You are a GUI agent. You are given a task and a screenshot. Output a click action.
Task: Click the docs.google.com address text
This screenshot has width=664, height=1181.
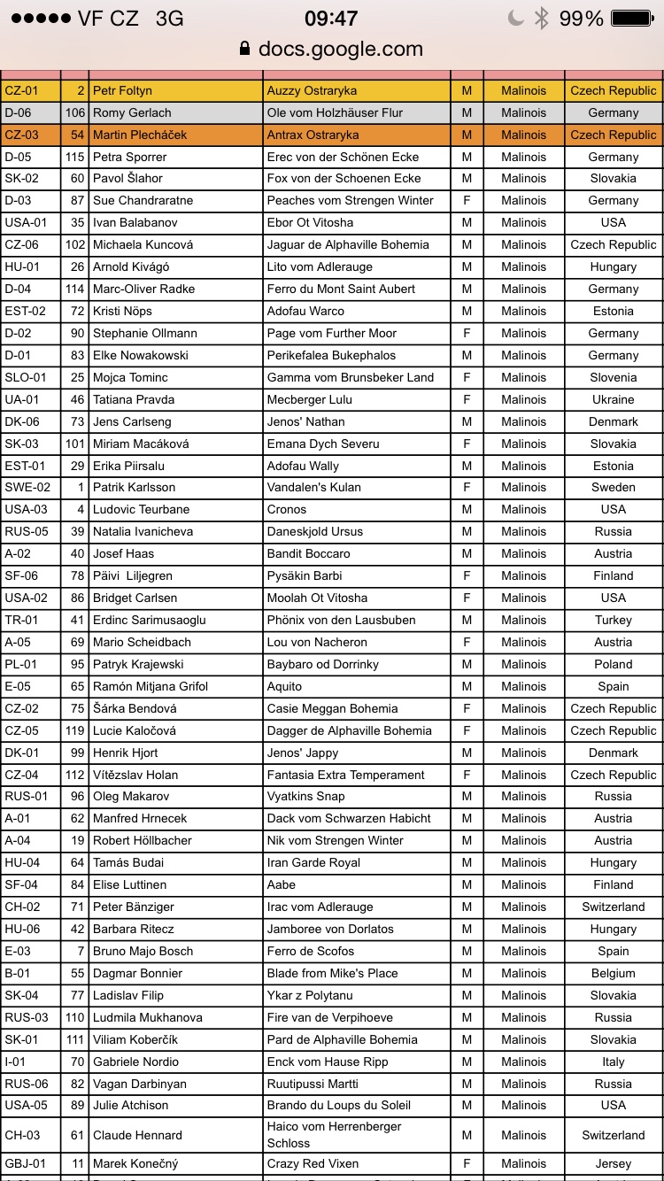click(x=341, y=49)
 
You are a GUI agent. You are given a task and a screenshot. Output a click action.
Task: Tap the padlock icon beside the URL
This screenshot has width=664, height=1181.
click(x=245, y=49)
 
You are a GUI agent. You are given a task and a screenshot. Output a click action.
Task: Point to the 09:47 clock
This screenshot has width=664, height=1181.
click(x=331, y=19)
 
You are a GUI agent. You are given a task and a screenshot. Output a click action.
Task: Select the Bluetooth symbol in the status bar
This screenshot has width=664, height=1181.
click(x=541, y=19)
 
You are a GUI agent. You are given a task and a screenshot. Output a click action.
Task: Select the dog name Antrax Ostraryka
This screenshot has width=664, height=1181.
click(x=313, y=135)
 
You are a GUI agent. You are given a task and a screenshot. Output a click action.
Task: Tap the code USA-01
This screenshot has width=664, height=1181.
click(x=22, y=222)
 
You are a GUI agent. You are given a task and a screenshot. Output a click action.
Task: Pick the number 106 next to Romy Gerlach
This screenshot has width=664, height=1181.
click(x=74, y=112)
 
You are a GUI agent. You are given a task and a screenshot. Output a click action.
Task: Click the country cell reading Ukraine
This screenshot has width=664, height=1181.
click(x=613, y=399)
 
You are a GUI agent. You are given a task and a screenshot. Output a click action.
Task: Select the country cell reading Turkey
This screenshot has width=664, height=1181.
click(x=613, y=620)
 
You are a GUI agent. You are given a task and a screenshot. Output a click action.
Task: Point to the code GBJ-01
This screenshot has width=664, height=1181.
click(x=22, y=1163)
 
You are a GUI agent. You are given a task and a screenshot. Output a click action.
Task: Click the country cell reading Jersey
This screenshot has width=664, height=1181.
click(x=613, y=1163)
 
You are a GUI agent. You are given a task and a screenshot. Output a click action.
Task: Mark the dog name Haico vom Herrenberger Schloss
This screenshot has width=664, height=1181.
click(x=334, y=1134)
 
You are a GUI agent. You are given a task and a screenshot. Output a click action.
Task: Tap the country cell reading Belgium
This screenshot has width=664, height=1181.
click(x=613, y=973)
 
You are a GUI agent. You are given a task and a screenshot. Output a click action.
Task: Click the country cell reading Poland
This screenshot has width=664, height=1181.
click(x=613, y=664)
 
